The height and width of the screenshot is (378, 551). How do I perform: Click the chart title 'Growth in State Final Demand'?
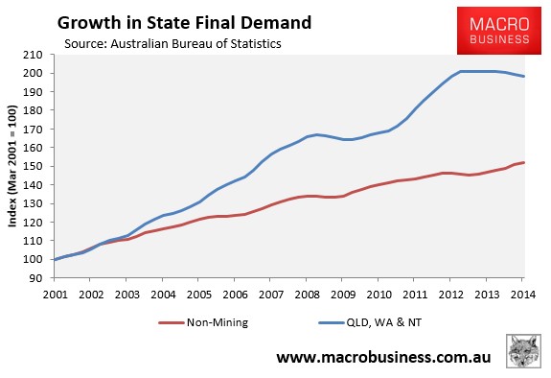pyautogui.click(x=184, y=23)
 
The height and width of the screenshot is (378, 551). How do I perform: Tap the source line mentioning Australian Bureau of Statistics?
pyautogui.click(x=172, y=43)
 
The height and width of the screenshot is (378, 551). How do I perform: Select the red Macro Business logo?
pyautogui.click(x=499, y=31)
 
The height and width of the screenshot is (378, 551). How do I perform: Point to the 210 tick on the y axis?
pyautogui.click(x=33, y=55)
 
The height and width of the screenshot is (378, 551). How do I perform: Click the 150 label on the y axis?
pyautogui.click(x=33, y=166)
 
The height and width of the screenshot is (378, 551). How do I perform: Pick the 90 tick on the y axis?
pyautogui.click(x=36, y=278)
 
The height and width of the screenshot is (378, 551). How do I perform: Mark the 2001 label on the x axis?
pyautogui.click(x=56, y=295)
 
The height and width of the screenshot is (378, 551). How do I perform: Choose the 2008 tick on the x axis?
pyautogui.click(x=308, y=295)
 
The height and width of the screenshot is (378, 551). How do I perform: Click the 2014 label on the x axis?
pyautogui.click(x=523, y=295)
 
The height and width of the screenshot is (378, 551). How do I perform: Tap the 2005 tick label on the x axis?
pyautogui.click(x=199, y=295)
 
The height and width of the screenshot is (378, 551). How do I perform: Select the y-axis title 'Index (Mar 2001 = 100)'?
pyautogui.click(x=12, y=166)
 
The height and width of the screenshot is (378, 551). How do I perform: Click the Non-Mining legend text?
pyautogui.click(x=218, y=322)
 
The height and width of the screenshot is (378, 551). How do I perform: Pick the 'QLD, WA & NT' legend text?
pyautogui.click(x=383, y=322)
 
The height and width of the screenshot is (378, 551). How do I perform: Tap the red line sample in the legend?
pyautogui.click(x=172, y=322)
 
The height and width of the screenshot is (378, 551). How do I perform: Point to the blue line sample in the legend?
pyautogui.click(x=331, y=322)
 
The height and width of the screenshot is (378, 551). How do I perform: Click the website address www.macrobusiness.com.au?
pyautogui.click(x=383, y=357)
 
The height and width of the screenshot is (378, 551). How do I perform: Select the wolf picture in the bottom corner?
pyautogui.click(x=523, y=351)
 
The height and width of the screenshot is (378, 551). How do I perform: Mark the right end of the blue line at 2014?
pyautogui.click(x=524, y=76)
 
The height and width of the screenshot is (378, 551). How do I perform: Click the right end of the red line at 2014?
pyautogui.click(x=524, y=162)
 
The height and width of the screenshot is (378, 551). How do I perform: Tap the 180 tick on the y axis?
pyautogui.click(x=33, y=110)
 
